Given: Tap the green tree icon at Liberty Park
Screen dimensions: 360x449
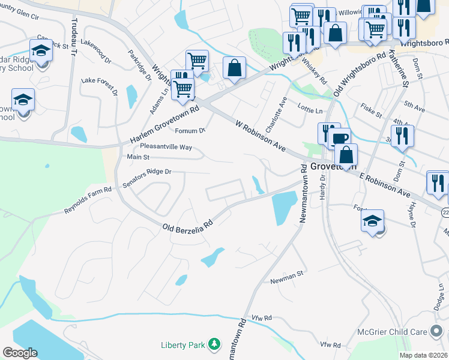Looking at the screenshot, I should pyautogui.click(x=214, y=344).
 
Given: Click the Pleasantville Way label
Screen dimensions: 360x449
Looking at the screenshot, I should pyautogui.click(x=166, y=146).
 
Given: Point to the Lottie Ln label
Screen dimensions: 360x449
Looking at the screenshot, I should pyautogui.click(x=310, y=110).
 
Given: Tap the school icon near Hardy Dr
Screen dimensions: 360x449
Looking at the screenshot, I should pyautogui.click(x=372, y=221).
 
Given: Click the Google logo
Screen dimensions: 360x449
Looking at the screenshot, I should pyautogui.click(x=20, y=352).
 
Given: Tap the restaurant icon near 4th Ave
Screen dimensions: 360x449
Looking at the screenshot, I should pyautogui.click(x=402, y=136).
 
